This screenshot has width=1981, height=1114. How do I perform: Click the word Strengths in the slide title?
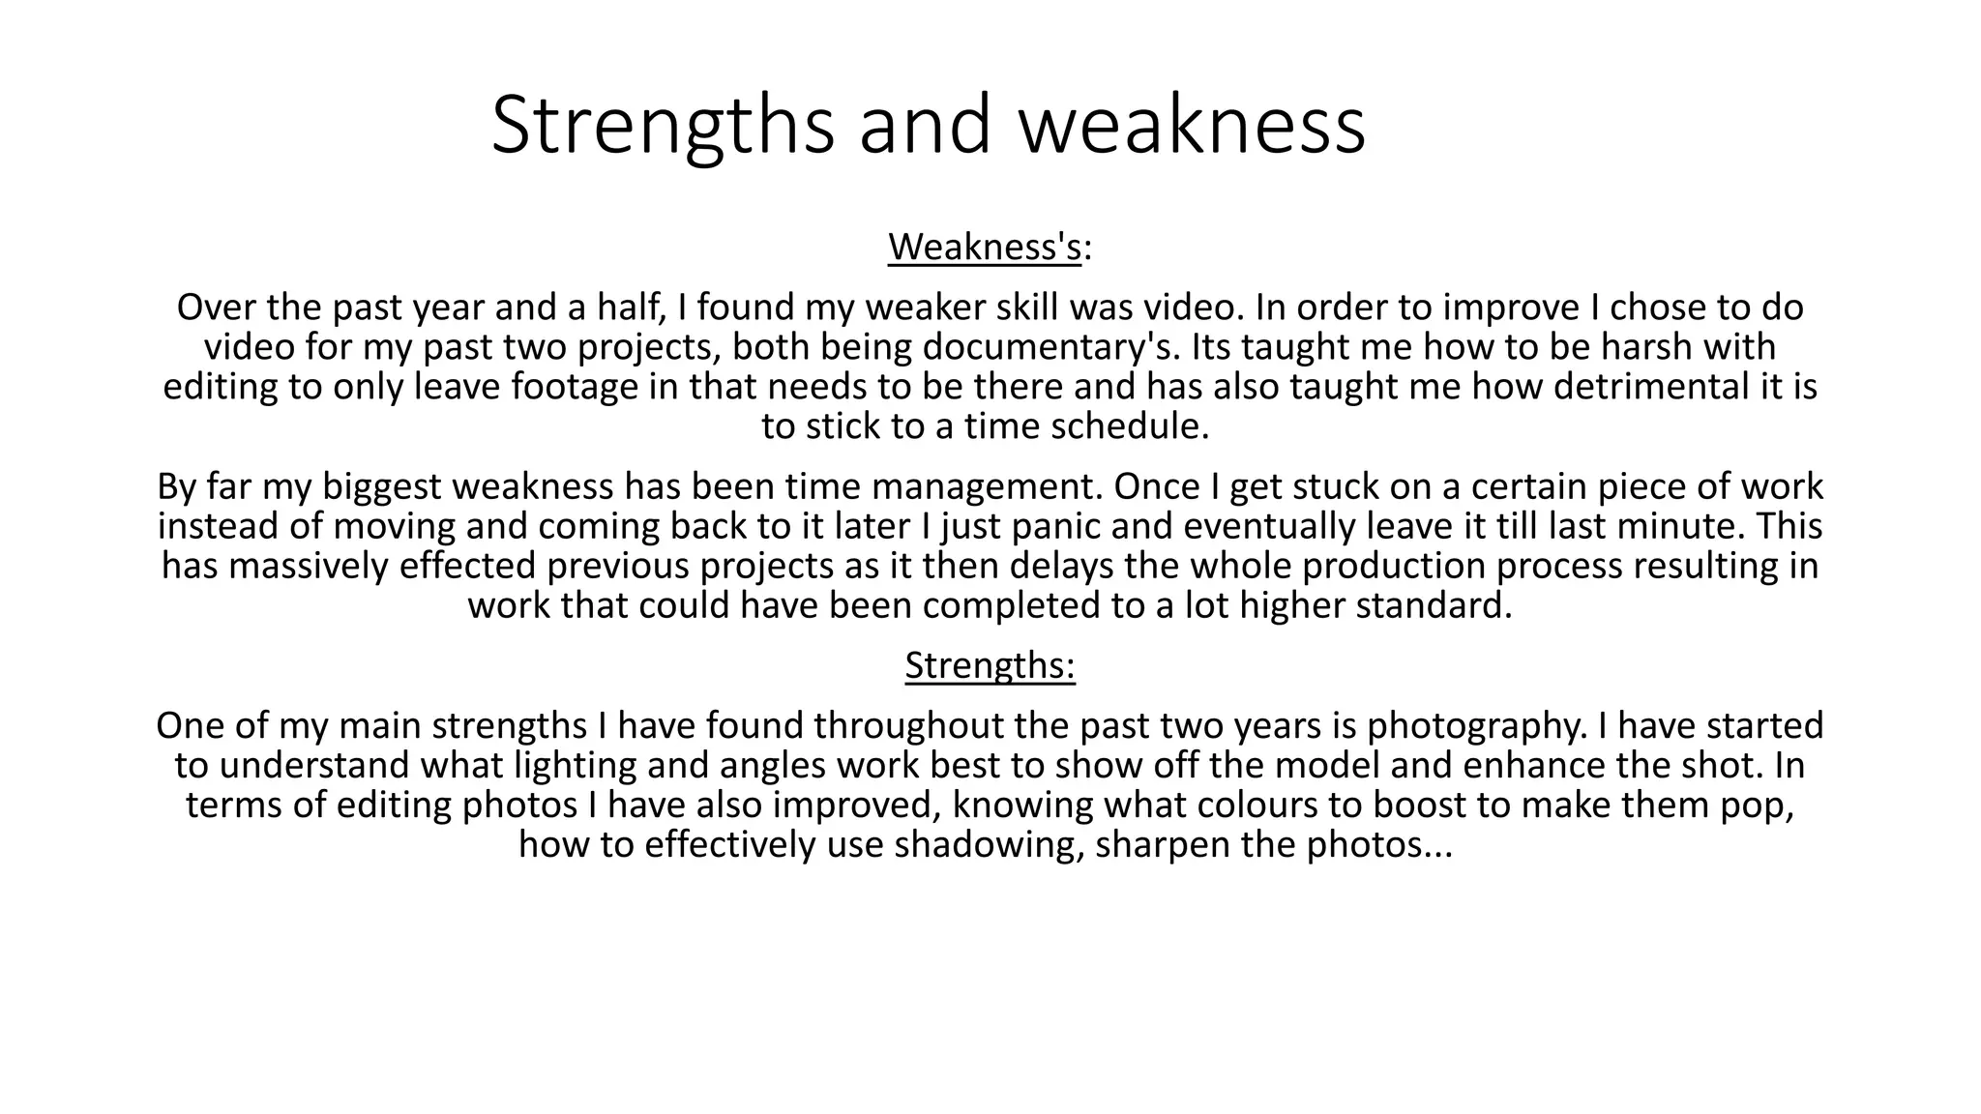pyautogui.click(x=662, y=126)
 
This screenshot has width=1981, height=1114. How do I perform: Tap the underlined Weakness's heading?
pyautogui.click(x=984, y=248)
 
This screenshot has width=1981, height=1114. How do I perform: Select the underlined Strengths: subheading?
pyautogui.click(x=990, y=665)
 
